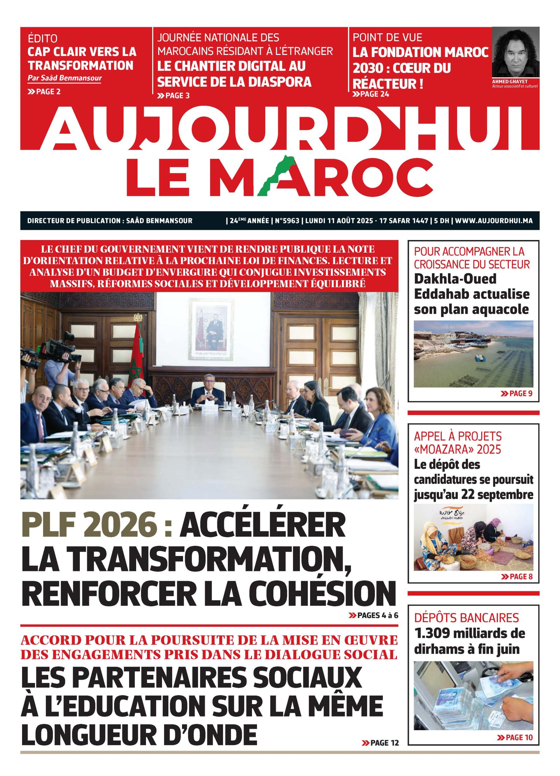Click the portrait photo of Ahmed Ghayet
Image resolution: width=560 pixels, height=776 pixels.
tap(515, 52)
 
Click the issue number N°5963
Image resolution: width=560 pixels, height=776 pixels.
tap(287, 221)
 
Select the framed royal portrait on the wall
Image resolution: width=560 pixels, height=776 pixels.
tap(211, 329)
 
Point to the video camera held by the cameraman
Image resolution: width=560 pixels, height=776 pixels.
tap(58, 350)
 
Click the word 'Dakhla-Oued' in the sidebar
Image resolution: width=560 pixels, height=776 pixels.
tap(455, 279)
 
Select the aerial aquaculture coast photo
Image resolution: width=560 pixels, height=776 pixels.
tap(473, 354)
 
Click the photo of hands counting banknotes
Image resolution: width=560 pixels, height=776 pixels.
tap(473, 695)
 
